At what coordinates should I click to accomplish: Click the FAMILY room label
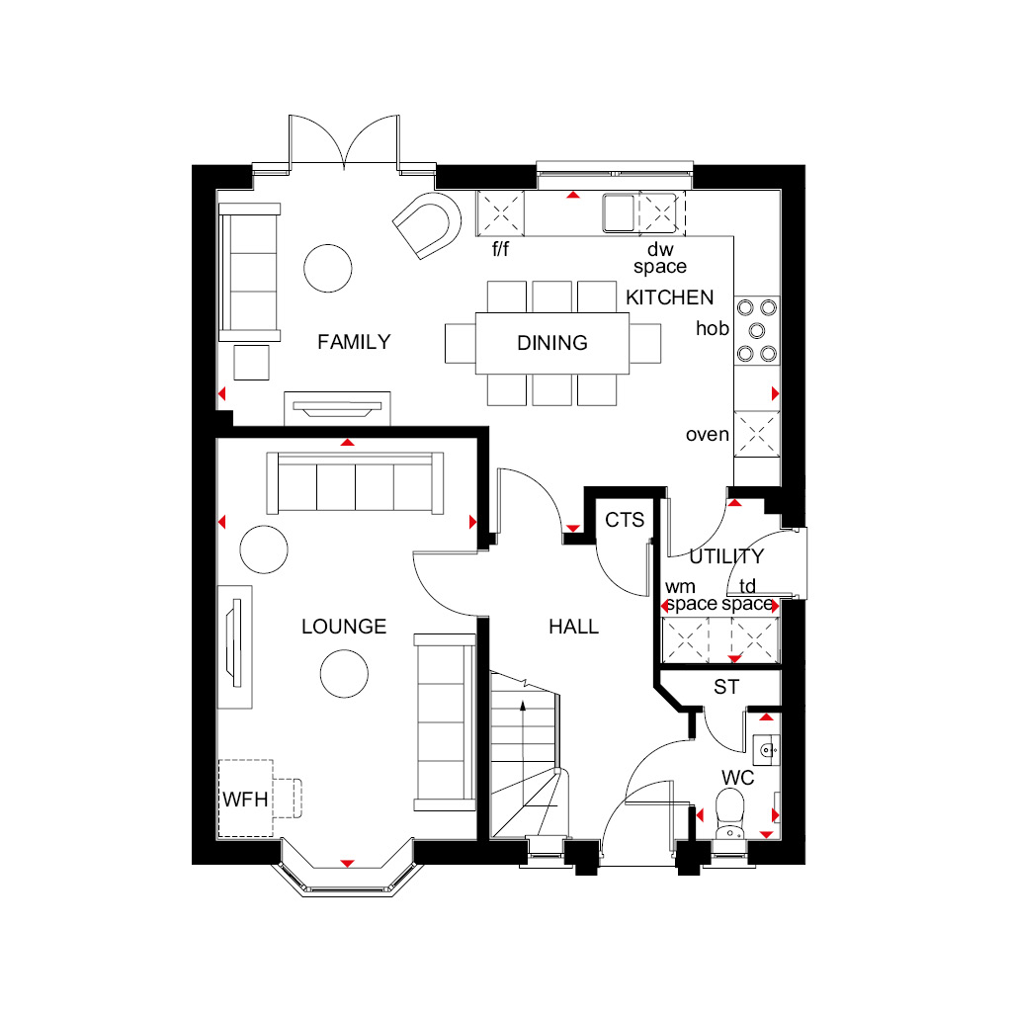pyautogui.click(x=354, y=341)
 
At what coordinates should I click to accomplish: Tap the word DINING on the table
pyautogui.click(x=552, y=343)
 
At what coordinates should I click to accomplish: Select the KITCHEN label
pyautogui.click(x=669, y=297)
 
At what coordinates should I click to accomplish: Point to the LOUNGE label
pyautogui.click(x=344, y=626)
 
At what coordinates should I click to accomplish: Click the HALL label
pyautogui.click(x=574, y=626)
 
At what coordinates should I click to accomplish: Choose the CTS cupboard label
pyautogui.click(x=625, y=520)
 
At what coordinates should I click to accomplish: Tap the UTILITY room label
pyautogui.click(x=726, y=555)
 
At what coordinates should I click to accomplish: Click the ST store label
pyautogui.click(x=726, y=687)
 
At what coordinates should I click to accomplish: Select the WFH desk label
pyautogui.click(x=245, y=799)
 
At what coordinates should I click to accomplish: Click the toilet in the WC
pyautogui.click(x=730, y=815)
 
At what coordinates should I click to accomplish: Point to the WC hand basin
pyautogui.click(x=766, y=750)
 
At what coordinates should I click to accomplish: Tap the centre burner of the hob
pyautogui.click(x=756, y=331)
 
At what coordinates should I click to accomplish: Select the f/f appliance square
pyautogui.click(x=500, y=212)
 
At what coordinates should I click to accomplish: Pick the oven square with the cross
pyautogui.click(x=757, y=434)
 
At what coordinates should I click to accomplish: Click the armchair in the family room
pyautogui.click(x=427, y=225)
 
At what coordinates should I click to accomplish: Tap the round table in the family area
pyautogui.click(x=328, y=269)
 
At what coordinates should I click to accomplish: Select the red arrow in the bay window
pyautogui.click(x=347, y=863)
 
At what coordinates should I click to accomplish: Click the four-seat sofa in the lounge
pyautogui.click(x=355, y=483)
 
